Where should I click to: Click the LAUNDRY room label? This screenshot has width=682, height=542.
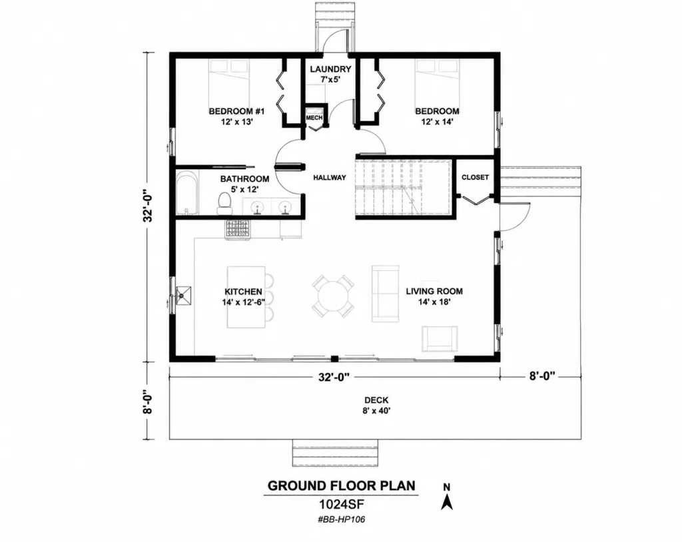click(x=330, y=69)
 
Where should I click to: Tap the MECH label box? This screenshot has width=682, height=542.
click(x=314, y=118)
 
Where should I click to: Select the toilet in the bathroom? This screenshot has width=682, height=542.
click(x=224, y=204)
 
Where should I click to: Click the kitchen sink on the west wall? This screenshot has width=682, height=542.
click(x=183, y=296)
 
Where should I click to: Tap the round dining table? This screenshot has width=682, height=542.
click(x=333, y=296)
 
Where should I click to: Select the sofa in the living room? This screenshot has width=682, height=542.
click(x=386, y=294)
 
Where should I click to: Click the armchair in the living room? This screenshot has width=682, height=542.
click(x=440, y=338)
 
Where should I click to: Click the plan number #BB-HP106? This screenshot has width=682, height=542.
click(x=342, y=519)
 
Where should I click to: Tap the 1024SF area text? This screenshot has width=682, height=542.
click(x=342, y=505)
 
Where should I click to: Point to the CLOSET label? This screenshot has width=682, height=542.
click(x=475, y=178)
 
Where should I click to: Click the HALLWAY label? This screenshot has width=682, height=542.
click(x=330, y=178)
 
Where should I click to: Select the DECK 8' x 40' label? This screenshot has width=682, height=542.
click(x=377, y=405)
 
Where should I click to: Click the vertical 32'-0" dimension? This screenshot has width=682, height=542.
click(x=149, y=205)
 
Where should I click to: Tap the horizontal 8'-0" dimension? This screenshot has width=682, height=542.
click(x=542, y=376)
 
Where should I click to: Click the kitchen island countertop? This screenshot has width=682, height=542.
click(x=246, y=297)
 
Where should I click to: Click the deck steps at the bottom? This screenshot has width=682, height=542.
click(x=335, y=452)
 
